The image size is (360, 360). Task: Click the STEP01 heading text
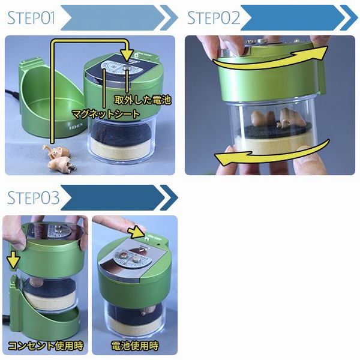click(31, 18)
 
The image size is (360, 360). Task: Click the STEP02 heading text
click(214, 18)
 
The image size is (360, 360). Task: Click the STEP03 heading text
click(34, 197)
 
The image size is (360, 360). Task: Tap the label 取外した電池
click(143, 100)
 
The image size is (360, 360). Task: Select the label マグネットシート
click(106, 114)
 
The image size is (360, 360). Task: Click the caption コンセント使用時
click(46, 346)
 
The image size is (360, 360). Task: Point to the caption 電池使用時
click(135, 346)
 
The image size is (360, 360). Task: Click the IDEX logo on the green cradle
click(76, 127)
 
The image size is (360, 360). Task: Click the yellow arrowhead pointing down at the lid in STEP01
click(127, 55)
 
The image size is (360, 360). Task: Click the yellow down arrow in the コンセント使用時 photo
click(13, 260)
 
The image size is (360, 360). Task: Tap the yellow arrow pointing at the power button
click(136, 231)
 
